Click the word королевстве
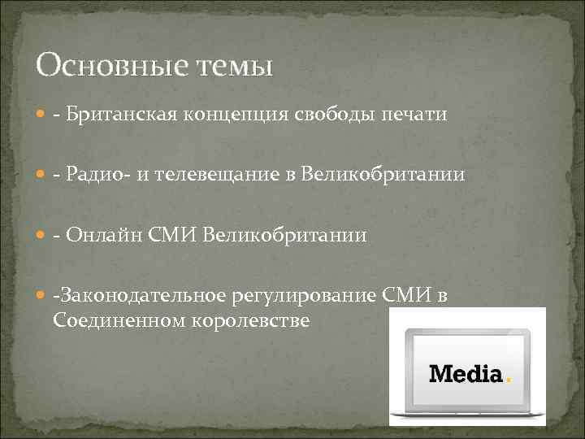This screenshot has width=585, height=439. tap(251, 320)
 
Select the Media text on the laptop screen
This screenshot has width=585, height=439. tap(466, 374)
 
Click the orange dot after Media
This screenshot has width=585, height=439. tap(509, 380)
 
